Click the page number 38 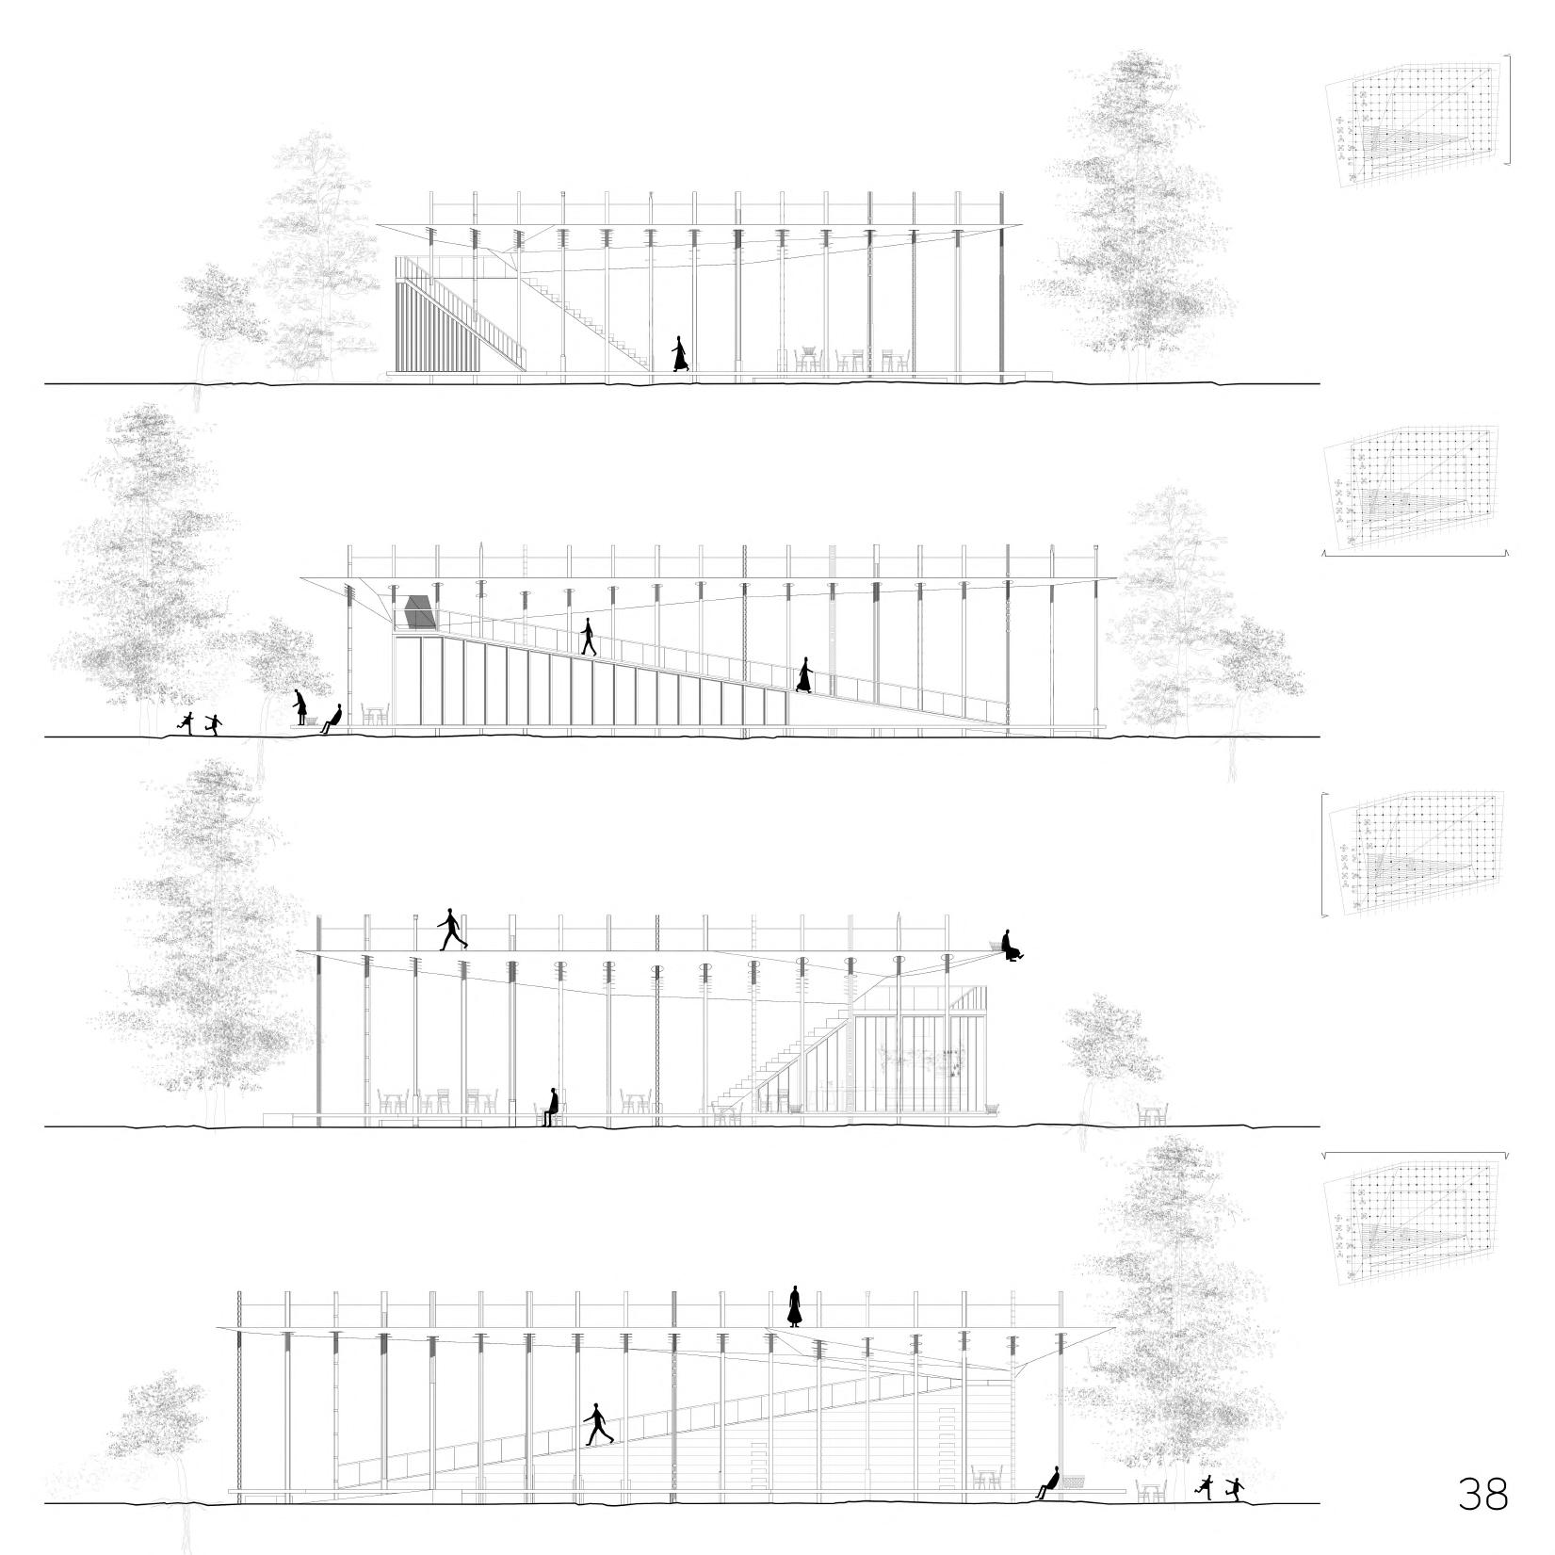[x=1482, y=1494]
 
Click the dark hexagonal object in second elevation [x=419, y=611]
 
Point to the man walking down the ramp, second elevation [x=589, y=636]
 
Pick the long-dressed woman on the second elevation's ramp [x=804, y=675]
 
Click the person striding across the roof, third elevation [x=452, y=930]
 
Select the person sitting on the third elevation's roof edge [x=1011, y=945]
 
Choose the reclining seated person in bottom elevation [x=1048, y=1482]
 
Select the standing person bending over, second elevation [x=300, y=707]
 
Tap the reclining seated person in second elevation [x=331, y=720]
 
